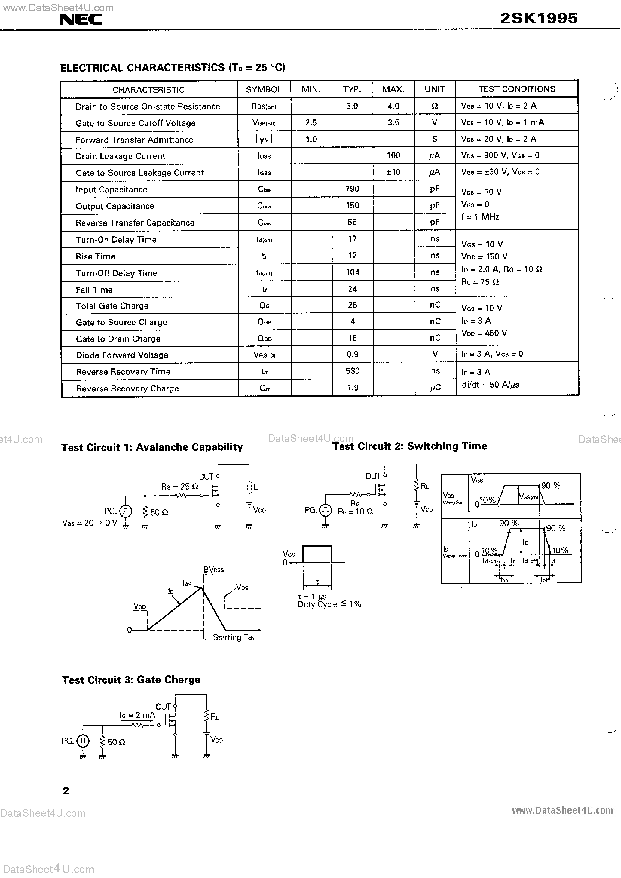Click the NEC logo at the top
point(81,19)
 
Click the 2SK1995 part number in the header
point(538,18)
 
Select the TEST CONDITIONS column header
point(517,89)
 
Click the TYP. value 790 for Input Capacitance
point(352,189)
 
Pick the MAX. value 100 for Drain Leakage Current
point(393,156)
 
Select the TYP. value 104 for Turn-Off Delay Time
point(353,272)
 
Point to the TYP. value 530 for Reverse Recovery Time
point(353,371)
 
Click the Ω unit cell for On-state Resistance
point(434,106)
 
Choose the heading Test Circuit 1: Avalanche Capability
point(152,447)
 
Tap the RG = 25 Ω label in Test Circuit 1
point(180,487)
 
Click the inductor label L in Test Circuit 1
point(255,487)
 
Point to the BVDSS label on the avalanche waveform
point(213,570)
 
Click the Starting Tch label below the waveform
point(233,637)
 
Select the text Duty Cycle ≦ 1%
point(329,605)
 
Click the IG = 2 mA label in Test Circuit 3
point(137,715)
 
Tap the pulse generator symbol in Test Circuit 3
point(83,741)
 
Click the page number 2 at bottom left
point(66,791)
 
